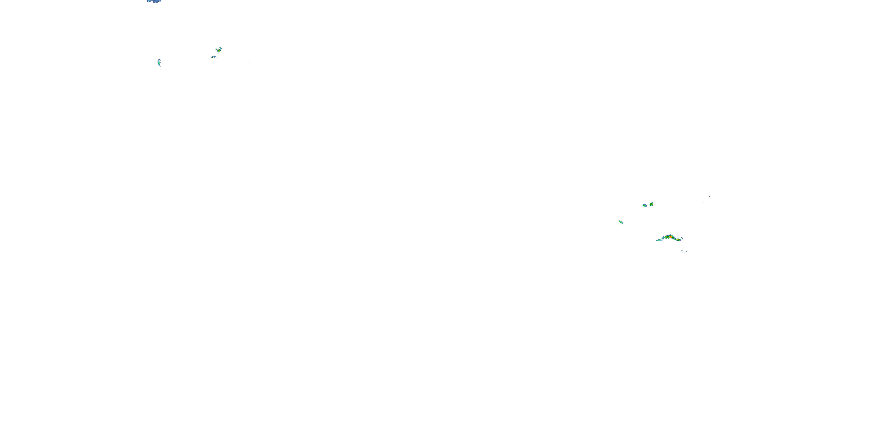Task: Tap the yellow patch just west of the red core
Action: click(667, 237)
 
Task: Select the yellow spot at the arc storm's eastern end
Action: click(678, 240)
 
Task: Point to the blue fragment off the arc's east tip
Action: click(682, 239)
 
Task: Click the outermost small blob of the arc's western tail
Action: click(657, 241)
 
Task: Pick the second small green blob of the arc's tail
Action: click(660, 240)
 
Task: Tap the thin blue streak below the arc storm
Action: click(683, 251)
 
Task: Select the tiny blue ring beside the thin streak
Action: click(687, 252)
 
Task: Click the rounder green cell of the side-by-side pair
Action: click(652, 205)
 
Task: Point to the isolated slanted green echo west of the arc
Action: click(621, 222)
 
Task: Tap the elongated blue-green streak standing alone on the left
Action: click(159, 63)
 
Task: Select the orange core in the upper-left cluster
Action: click(220, 50)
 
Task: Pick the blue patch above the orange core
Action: click(221, 48)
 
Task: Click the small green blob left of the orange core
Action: click(217, 49)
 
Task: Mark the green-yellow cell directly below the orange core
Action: click(219, 52)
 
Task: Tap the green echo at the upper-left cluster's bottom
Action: click(213, 57)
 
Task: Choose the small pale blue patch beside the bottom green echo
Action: click(215, 56)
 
